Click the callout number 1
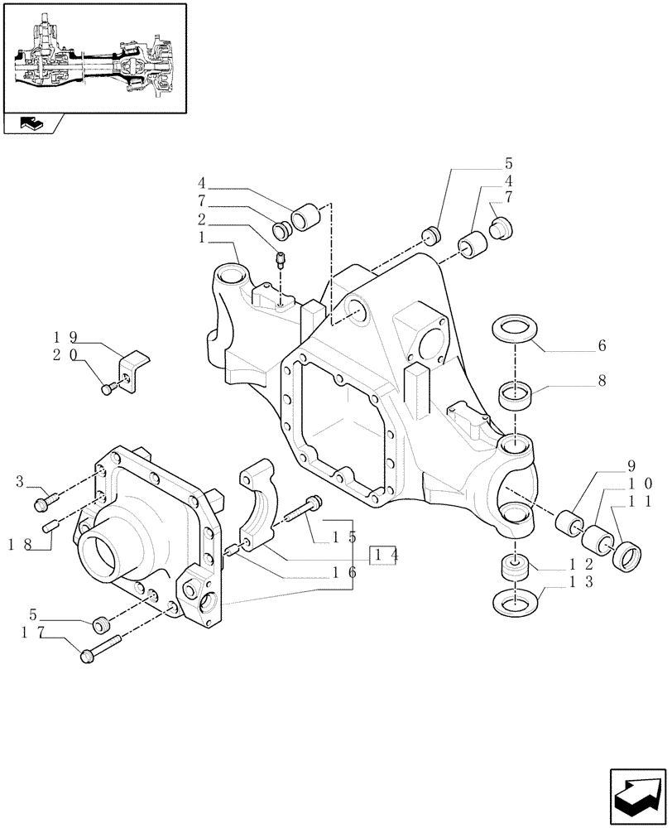coord(203,237)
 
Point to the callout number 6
coord(602,345)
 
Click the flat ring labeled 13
coord(515,599)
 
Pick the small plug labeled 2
coord(280,260)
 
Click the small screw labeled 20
coord(107,388)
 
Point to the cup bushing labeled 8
coord(515,394)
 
